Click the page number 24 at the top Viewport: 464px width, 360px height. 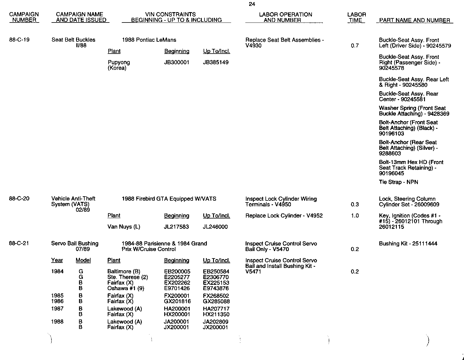(252, 4)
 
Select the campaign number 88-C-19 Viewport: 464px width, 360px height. (19, 40)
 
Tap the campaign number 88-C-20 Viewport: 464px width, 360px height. (19, 199)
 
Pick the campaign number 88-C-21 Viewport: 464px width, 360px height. (19, 243)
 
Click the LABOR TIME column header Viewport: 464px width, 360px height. (356, 17)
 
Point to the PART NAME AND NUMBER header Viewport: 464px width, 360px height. (414, 20)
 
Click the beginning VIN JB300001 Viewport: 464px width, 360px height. (177, 62)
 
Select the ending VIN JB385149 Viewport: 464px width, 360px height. (216, 62)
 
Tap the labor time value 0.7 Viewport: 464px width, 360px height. (355, 46)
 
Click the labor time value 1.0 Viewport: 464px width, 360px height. (355, 216)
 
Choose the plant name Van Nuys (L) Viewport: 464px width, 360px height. (124, 227)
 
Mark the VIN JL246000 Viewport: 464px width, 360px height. (215, 227)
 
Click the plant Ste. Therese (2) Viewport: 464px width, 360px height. (128, 277)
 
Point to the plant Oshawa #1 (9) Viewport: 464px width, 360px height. (126, 288)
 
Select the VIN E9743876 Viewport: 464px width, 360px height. (216, 288)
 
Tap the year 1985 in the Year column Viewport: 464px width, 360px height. (57, 296)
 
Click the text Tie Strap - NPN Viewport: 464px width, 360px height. (398, 182)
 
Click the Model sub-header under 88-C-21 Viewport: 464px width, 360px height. (83, 261)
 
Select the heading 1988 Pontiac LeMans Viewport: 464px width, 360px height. (149, 40)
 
